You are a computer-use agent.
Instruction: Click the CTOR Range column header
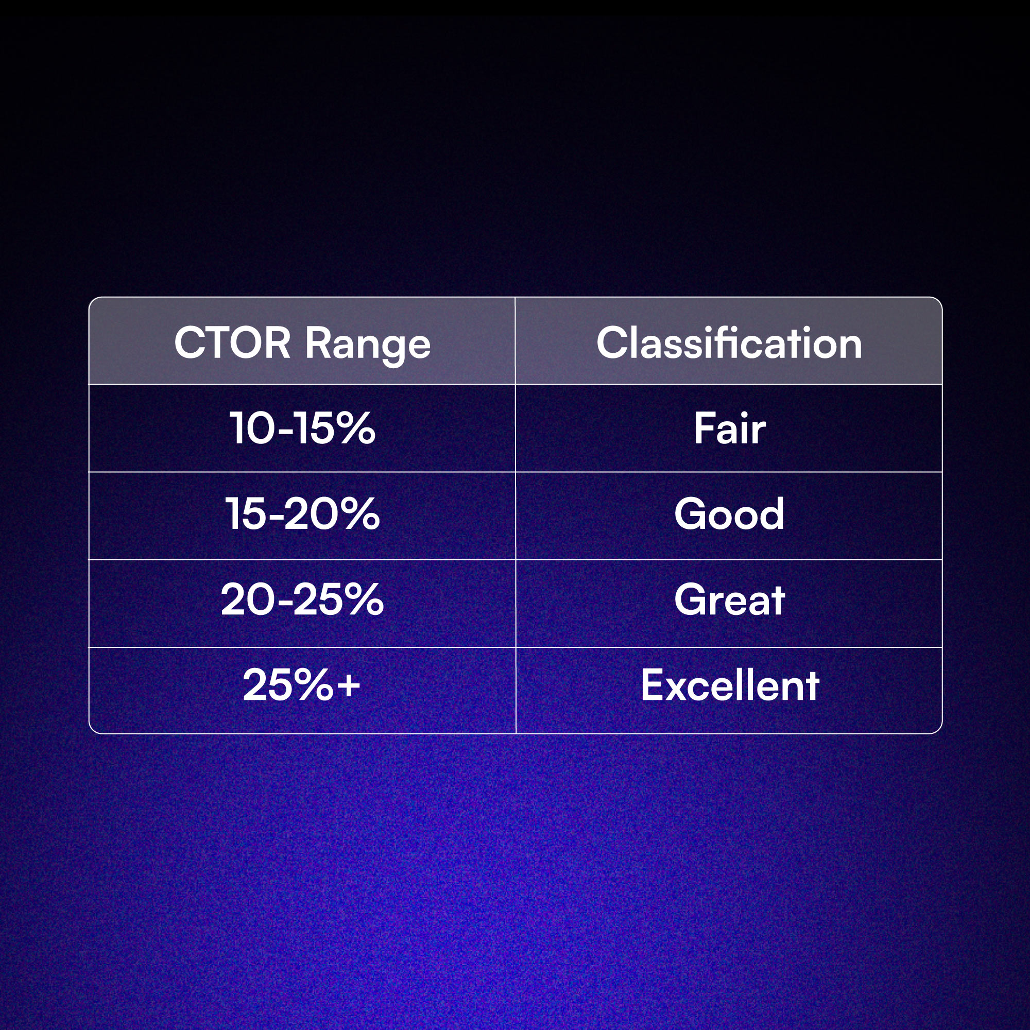tap(302, 342)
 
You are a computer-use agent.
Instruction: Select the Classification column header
tap(729, 342)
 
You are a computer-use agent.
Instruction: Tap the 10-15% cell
tap(302, 428)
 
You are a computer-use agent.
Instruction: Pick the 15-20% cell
tap(302, 514)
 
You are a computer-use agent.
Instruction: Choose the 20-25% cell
tap(302, 600)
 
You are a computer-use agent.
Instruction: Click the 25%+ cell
tap(302, 685)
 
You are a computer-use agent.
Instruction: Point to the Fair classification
tap(729, 428)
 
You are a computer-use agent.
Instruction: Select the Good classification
tap(729, 514)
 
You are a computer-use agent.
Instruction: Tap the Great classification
tap(729, 600)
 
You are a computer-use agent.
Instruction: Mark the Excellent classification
tap(729, 685)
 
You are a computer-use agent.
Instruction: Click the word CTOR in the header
tap(232, 342)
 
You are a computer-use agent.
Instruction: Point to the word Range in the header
tap(367, 344)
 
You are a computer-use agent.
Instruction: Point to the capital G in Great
tap(691, 600)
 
